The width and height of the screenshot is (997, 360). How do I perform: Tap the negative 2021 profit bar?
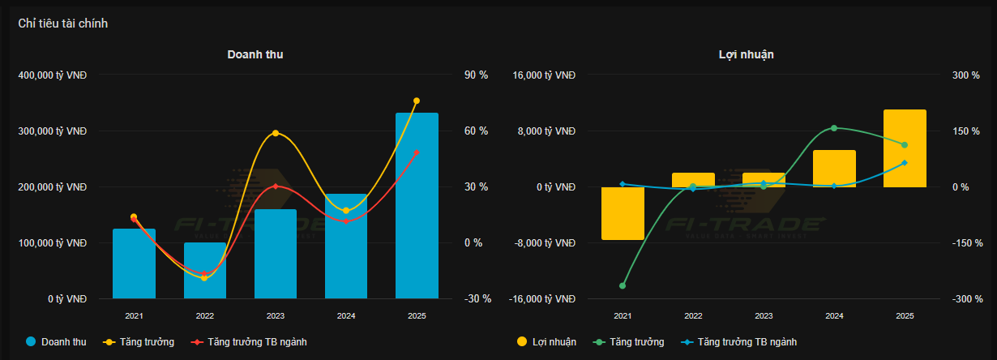coord(623,213)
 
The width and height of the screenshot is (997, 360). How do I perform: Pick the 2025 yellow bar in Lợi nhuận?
coord(905,148)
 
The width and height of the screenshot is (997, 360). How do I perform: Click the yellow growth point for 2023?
coord(276,133)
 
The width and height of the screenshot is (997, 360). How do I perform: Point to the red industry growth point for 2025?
coord(417,152)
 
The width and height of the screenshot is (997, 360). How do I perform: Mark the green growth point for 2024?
coord(834,128)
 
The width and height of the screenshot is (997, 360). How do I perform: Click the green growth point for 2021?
coord(623,285)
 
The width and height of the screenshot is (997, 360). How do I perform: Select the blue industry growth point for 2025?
coord(905,163)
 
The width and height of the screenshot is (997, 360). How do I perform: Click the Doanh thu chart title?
coord(255,54)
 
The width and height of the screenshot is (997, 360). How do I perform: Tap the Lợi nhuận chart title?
coord(746,54)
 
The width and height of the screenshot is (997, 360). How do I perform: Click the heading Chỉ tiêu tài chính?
coord(63,24)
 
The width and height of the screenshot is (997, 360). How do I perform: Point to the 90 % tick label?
coord(476,75)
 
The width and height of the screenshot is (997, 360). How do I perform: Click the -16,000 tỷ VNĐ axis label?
coord(543,299)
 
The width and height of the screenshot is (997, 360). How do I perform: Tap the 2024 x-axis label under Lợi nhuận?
coord(834,316)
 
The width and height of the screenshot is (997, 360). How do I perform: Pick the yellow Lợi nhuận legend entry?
coord(546,342)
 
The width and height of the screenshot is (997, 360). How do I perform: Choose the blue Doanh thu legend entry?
coord(56,342)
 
